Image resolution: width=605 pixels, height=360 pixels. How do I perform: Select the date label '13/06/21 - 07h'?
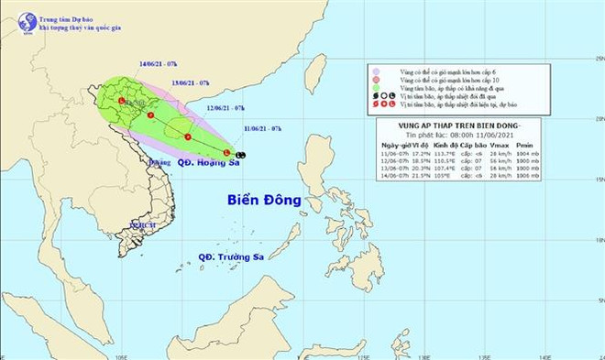coord(191,83)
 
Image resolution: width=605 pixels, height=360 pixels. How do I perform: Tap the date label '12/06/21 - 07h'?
coord(225,107)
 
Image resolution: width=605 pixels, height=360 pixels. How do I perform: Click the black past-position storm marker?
coord(239,155)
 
